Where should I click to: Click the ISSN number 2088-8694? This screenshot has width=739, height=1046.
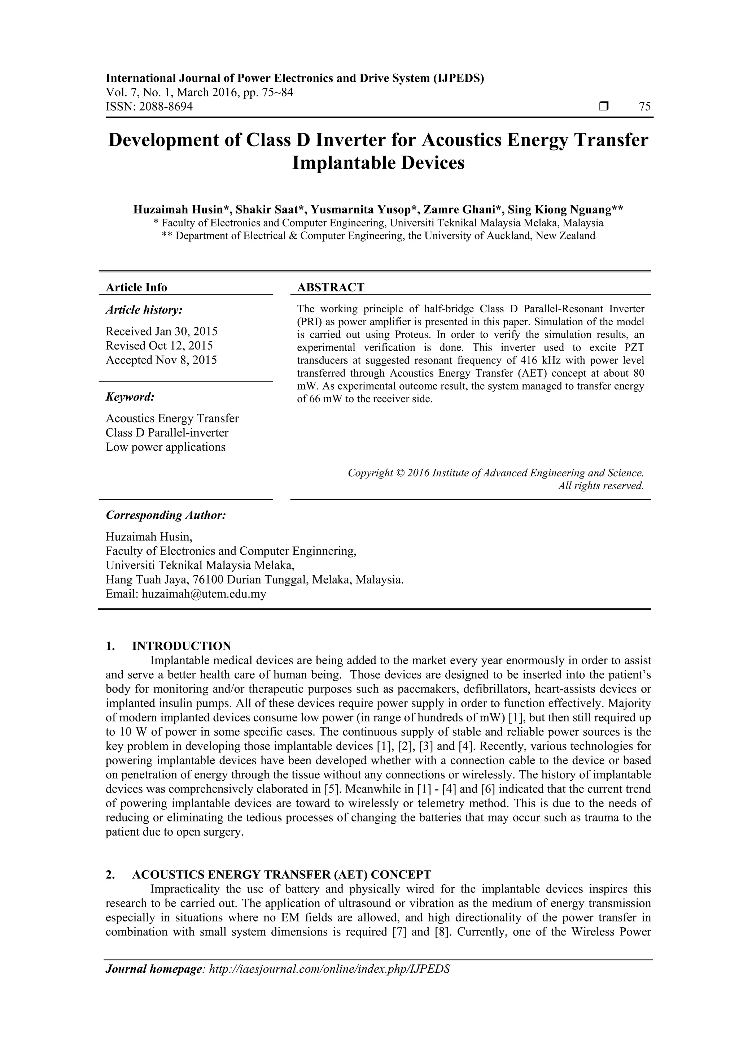[x=165, y=107]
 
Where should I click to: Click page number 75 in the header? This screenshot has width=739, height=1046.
[x=645, y=107]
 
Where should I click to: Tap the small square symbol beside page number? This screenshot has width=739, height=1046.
[x=604, y=107]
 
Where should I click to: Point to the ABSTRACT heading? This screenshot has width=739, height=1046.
[x=331, y=287]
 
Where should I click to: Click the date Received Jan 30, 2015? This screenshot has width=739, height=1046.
[x=162, y=331]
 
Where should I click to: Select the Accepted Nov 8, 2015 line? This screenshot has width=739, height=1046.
[x=161, y=360]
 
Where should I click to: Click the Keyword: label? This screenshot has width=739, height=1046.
[x=130, y=397]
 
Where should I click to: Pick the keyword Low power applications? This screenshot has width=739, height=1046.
[x=165, y=447]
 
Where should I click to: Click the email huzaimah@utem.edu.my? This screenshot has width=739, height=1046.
[x=204, y=594]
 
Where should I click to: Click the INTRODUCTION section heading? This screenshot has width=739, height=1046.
[x=181, y=646]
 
